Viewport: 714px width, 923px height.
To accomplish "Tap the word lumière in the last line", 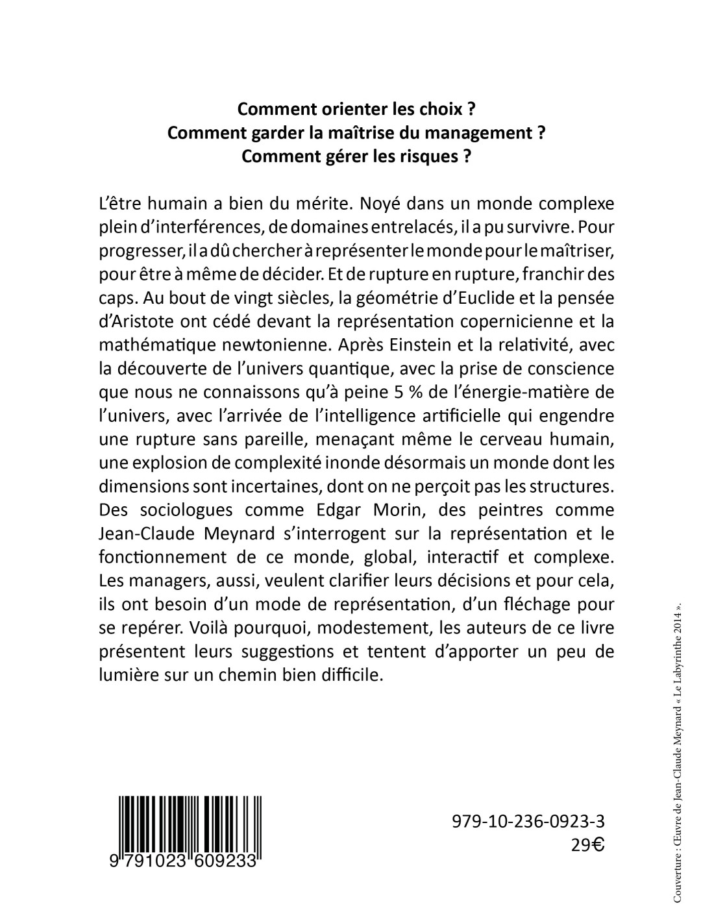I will coord(127,675).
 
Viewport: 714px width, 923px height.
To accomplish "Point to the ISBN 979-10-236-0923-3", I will coord(527,822).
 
